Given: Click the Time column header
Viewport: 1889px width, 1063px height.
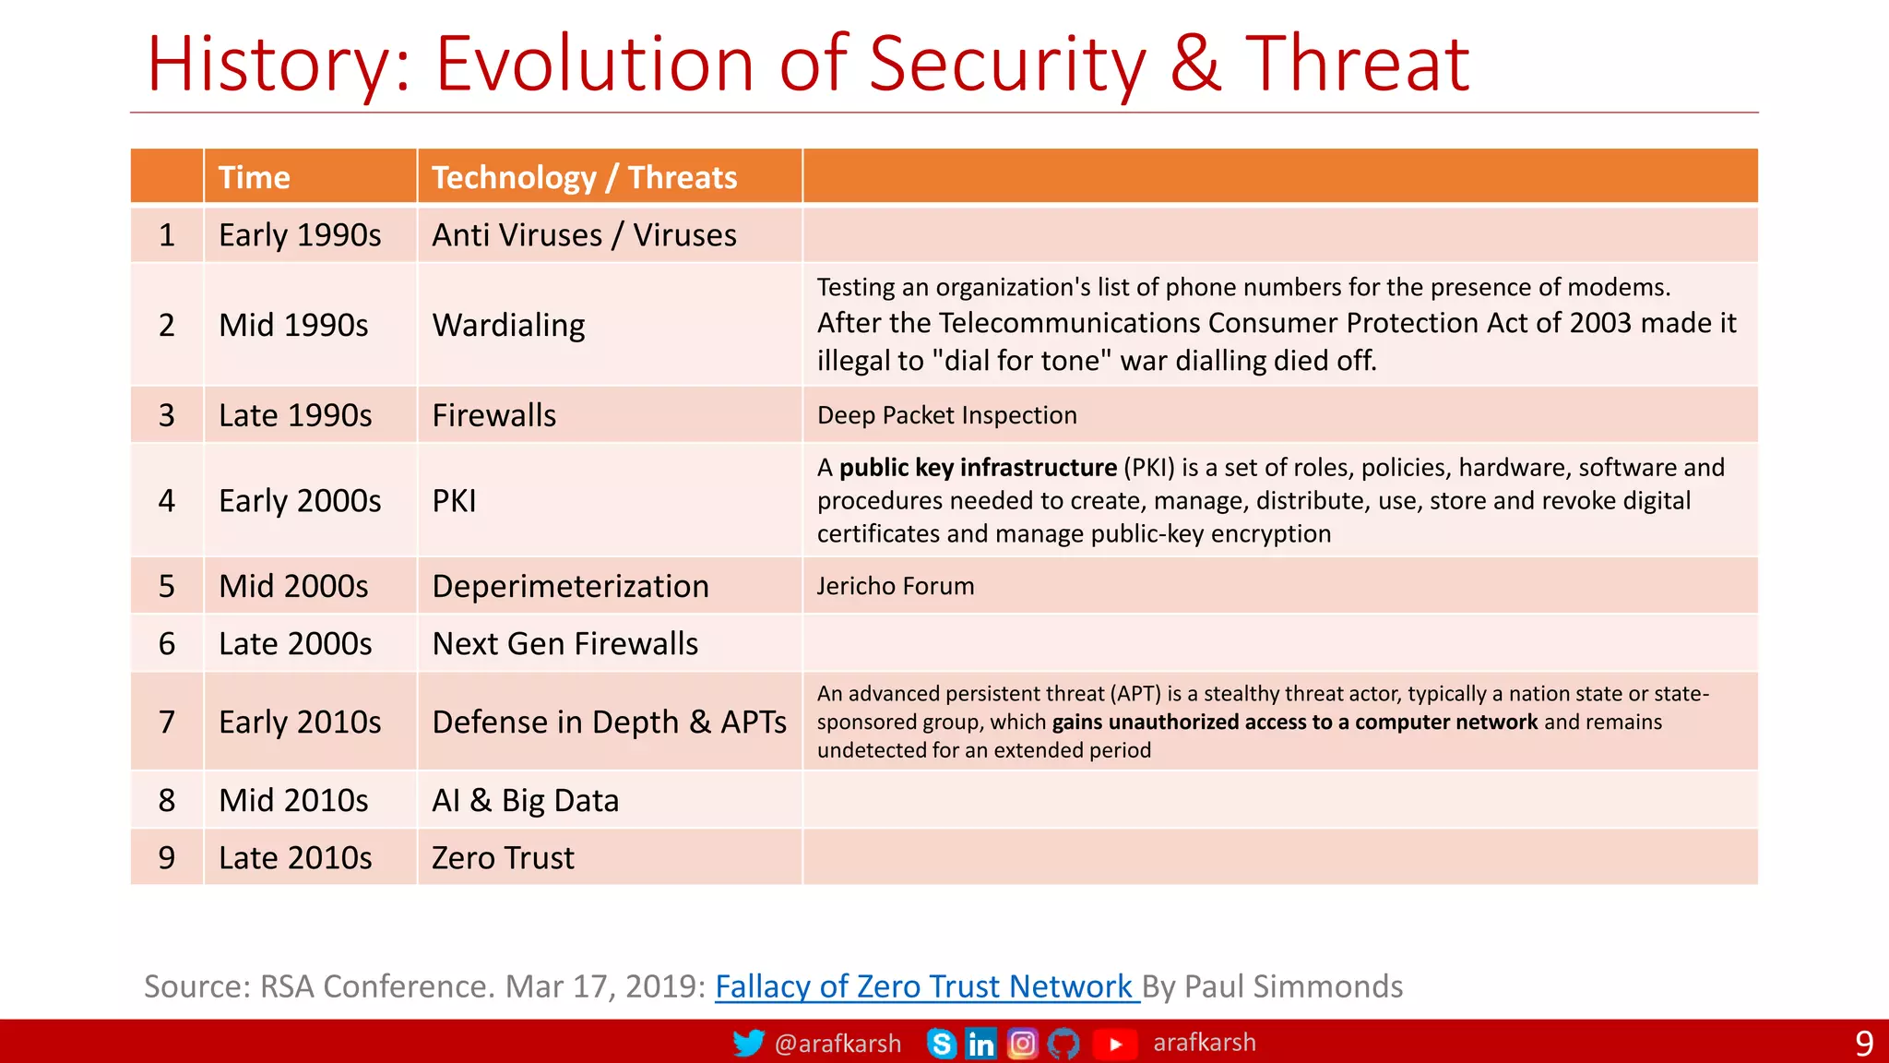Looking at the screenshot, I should point(254,177).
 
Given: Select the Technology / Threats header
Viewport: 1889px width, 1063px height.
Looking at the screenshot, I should point(584,177).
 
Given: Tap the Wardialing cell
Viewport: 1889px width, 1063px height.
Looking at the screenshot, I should point(508,325).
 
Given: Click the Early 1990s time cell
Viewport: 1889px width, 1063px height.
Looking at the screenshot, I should point(300,235).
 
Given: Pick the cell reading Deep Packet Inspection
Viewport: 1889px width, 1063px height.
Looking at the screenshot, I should point(946,415).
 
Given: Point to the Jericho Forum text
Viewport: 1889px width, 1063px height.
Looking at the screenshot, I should point(895,586).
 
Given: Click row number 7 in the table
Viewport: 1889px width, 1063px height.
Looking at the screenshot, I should point(166,722).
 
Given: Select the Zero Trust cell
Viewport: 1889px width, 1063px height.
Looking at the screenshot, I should point(503,857).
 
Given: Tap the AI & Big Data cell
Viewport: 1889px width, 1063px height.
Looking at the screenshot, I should point(525,800).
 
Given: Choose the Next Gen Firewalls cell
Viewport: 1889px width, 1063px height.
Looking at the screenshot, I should point(564,643).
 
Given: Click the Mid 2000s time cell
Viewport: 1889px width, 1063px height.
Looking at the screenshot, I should point(293,586).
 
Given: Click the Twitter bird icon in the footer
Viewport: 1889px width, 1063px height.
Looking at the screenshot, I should point(748,1043).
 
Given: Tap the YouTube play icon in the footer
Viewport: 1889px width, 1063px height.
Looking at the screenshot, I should point(1114,1044).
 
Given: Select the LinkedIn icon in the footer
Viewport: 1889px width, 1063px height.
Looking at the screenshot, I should point(980,1044).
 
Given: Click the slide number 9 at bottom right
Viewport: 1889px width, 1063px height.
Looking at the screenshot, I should point(1863,1044).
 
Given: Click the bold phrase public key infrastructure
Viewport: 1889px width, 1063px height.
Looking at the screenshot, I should point(978,468).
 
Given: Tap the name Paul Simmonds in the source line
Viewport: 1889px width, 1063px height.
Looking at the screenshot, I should point(1293,986).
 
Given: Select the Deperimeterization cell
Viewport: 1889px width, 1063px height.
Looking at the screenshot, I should point(570,586).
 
